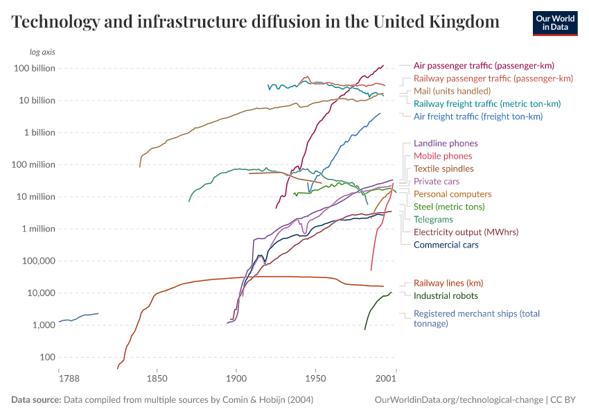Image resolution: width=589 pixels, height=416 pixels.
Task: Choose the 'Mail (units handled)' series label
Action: tap(452, 91)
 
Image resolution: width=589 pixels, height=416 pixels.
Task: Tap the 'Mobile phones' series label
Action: tap(443, 156)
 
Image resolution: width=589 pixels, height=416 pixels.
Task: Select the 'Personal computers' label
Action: tap(452, 194)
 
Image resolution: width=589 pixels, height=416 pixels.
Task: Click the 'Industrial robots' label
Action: tap(446, 295)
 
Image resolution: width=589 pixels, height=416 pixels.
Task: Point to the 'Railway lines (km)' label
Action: tap(448, 283)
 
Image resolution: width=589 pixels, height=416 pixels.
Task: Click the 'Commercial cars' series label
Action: tap(446, 245)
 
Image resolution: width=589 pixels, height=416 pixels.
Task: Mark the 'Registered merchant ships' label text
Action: tap(476, 313)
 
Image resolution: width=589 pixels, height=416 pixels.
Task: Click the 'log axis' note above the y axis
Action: tap(42, 52)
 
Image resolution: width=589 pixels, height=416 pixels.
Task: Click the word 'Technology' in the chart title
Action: tap(53, 22)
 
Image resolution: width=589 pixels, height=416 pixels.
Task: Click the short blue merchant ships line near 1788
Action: tap(78, 318)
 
